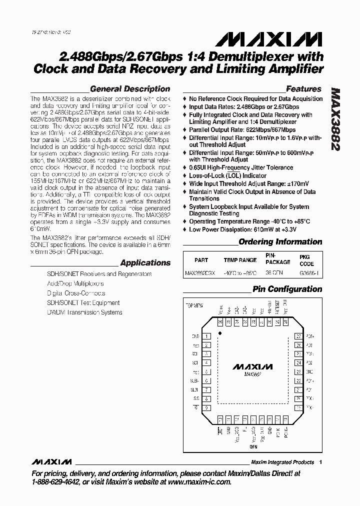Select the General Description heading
[130, 89]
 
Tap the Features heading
[303, 89]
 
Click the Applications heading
[145, 263]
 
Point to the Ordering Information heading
[280, 242]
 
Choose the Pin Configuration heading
[287, 289]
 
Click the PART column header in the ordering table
[201, 260]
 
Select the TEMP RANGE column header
[240, 260]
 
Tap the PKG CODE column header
[306, 260]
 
